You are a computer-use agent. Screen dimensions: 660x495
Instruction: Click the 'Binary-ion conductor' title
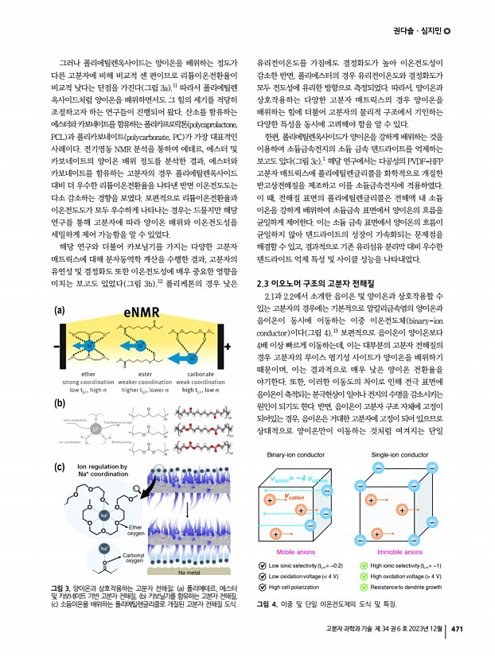[x=297, y=456]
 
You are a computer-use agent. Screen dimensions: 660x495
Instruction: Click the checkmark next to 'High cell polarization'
[x=263, y=588]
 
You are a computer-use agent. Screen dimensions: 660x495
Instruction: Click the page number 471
[x=457, y=630]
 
